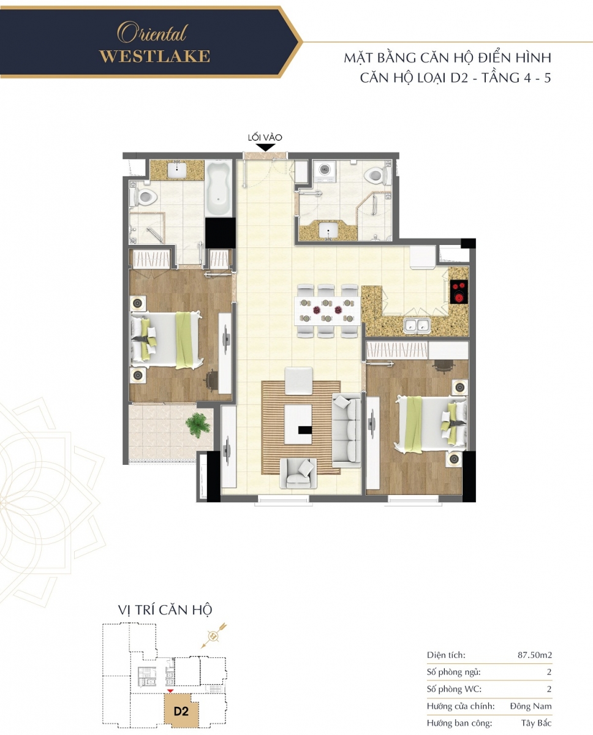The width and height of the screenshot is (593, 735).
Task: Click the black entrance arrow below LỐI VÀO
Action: pos(265,147)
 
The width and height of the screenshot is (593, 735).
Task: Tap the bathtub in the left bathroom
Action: pos(219,189)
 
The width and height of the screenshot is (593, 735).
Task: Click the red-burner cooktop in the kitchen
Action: pos(459,292)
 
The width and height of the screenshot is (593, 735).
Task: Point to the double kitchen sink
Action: pos(417,325)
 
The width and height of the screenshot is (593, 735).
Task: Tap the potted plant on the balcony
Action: pos(197,425)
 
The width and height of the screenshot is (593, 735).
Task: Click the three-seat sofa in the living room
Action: pos(346,430)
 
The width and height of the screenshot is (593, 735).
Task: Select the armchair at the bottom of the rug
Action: pos(298,473)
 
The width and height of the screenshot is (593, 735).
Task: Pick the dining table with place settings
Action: pos(327,310)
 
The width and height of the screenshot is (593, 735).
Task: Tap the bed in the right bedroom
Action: pos(431,424)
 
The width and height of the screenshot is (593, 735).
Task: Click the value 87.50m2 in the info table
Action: pos(535,655)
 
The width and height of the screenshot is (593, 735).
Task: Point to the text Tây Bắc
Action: pos(536,723)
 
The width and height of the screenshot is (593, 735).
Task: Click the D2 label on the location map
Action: pos(181,710)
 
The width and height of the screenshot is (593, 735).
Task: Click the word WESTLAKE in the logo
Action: pos(154,56)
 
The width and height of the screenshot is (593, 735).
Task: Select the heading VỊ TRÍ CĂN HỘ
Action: pos(165,610)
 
